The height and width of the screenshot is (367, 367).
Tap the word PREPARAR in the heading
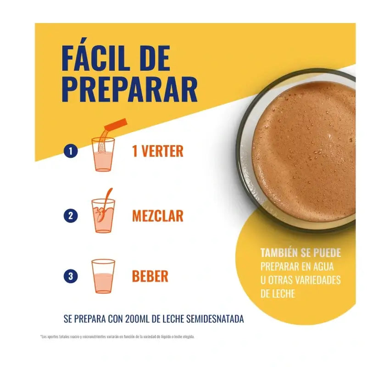[x=130, y=89]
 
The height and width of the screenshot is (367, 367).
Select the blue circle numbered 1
[x=71, y=151]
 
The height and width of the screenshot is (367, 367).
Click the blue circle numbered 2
[x=71, y=216]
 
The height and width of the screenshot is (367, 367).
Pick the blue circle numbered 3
[x=71, y=276]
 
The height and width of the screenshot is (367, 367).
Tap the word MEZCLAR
[x=158, y=216]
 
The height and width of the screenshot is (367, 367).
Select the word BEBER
[x=150, y=276]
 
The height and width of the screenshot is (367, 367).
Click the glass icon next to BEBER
[x=103, y=276]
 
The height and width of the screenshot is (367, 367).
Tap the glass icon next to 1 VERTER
[x=103, y=155]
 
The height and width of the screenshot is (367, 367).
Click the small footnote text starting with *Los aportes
[x=117, y=337]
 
